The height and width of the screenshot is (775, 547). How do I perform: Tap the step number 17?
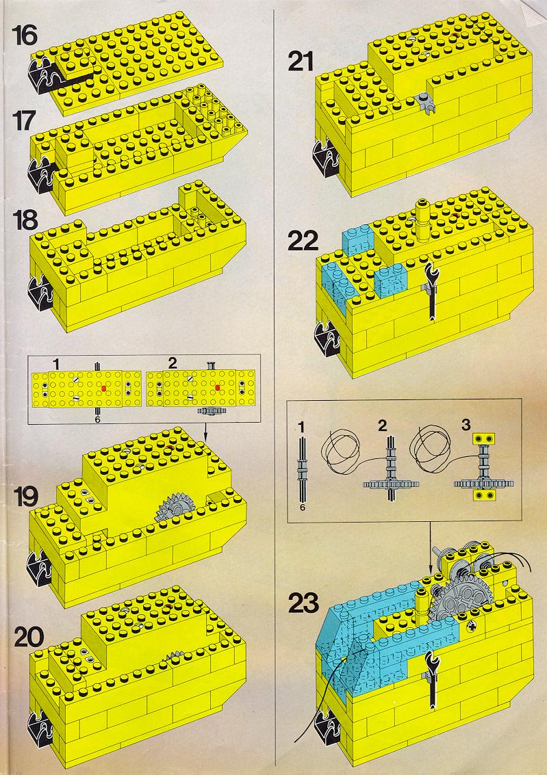(x=24, y=120)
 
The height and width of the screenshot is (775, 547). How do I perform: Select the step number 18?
(x=25, y=220)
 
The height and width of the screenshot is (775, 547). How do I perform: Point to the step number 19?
(x=26, y=497)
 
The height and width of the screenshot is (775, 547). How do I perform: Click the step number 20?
(x=29, y=638)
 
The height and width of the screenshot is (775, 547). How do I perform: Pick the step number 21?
(x=301, y=62)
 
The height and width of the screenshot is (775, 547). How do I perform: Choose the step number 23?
(x=304, y=603)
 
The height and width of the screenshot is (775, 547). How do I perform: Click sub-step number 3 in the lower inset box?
(x=466, y=425)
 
